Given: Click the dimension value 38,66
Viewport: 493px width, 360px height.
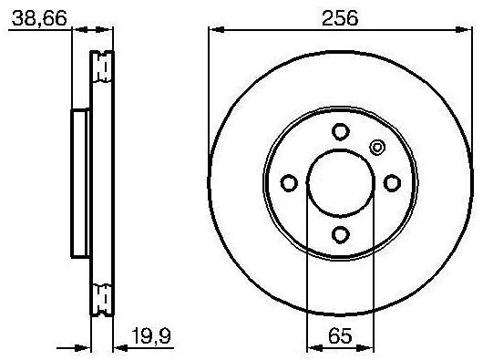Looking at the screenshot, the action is pos(39,18).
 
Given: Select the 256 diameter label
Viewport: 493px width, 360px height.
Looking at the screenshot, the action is pos(340,18).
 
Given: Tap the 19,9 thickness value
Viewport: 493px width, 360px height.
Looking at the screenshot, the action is pos(151,335).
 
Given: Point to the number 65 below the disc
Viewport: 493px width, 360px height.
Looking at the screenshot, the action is pos(340,335).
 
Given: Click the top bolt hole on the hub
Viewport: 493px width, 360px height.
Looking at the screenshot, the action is pos(341,131).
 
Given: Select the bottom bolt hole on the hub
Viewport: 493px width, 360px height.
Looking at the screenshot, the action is pos(341,234).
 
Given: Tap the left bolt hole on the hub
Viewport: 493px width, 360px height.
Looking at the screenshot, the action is pos(289,183).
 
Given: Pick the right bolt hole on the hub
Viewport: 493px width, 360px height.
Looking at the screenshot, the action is pos(392,183).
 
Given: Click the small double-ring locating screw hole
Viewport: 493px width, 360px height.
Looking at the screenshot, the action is pos(377,147).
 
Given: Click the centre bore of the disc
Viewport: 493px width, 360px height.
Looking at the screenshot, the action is pos(341,183).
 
